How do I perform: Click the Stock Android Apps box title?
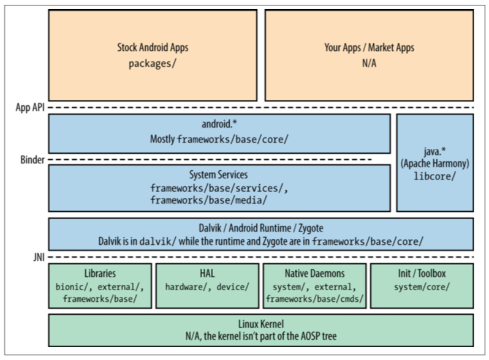(x=153, y=47)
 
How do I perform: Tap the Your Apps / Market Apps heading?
(x=368, y=47)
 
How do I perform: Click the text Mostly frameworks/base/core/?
(x=219, y=140)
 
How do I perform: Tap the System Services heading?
(x=219, y=174)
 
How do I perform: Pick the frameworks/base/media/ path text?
(x=208, y=200)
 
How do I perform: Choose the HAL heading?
(x=207, y=273)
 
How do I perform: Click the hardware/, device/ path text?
(x=207, y=286)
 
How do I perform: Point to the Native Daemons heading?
(x=314, y=273)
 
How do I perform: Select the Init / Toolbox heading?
(x=422, y=273)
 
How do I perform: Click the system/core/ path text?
(x=422, y=286)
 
